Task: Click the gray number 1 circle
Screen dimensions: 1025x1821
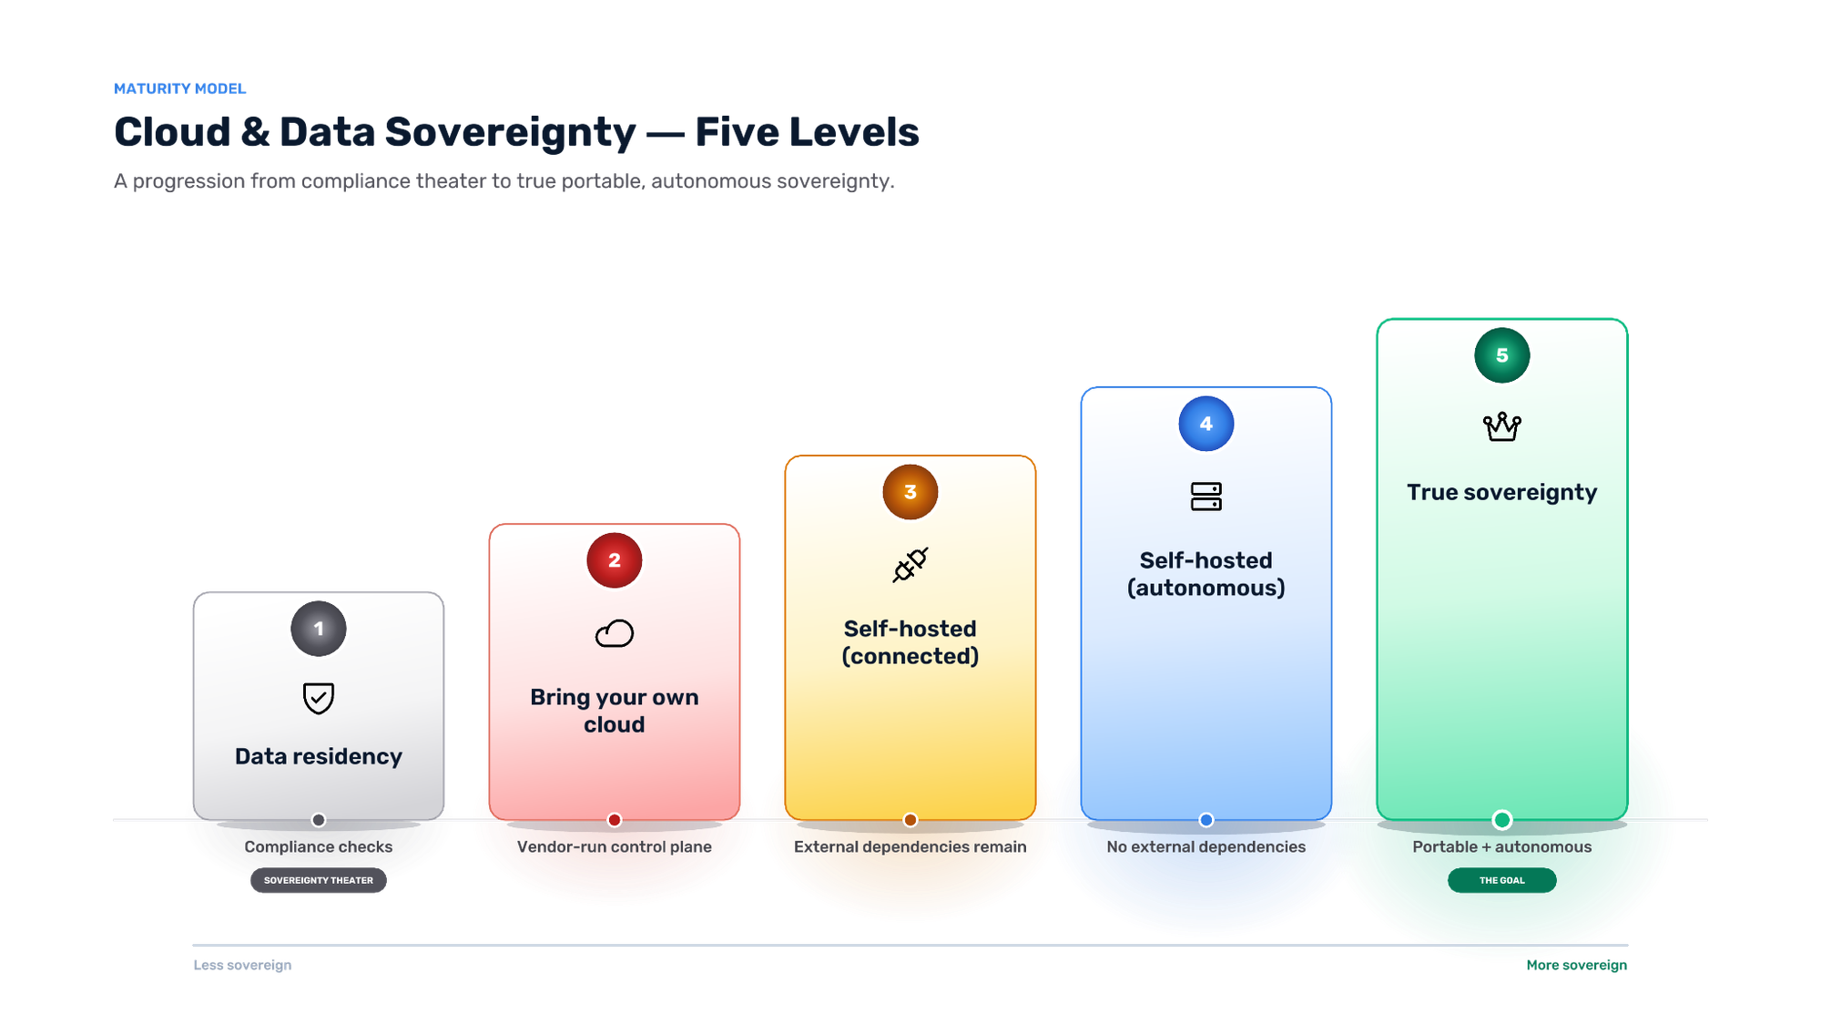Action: [x=319, y=629]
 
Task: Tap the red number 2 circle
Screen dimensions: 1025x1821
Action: [x=615, y=560]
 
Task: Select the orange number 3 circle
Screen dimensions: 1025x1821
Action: [x=910, y=492]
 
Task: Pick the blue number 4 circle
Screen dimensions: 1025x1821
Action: [x=1206, y=424]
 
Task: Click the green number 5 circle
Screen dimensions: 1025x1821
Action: [x=1502, y=355]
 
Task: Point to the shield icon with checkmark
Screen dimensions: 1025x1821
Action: [x=319, y=699]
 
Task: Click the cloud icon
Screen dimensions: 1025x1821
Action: [x=615, y=633]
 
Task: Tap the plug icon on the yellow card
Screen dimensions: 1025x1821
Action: [x=910, y=565]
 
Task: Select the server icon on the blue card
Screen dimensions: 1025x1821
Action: [x=1206, y=497]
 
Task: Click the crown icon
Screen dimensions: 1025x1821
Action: [x=1502, y=426]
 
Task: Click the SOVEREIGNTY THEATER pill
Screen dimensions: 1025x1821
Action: [x=319, y=880]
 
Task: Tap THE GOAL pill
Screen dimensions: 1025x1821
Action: [x=1502, y=880]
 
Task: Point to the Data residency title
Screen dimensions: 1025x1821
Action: [x=319, y=756]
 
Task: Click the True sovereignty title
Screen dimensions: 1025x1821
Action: [x=1502, y=492]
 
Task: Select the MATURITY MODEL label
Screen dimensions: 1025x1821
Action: [x=180, y=88]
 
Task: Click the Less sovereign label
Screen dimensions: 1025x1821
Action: [x=243, y=965]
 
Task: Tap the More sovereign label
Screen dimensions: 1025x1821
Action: [x=1577, y=965]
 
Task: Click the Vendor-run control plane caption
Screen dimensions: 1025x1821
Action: [x=615, y=846]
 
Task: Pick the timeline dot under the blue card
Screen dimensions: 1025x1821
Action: [x=1206, y=820]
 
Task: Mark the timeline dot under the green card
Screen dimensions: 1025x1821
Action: [x=1502, y=820]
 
